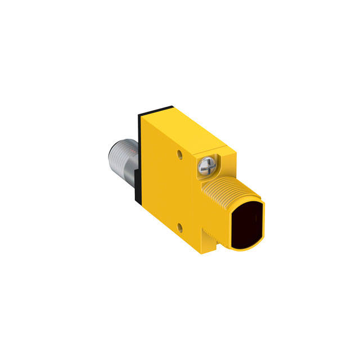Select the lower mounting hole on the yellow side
click(x=180, y=227)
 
